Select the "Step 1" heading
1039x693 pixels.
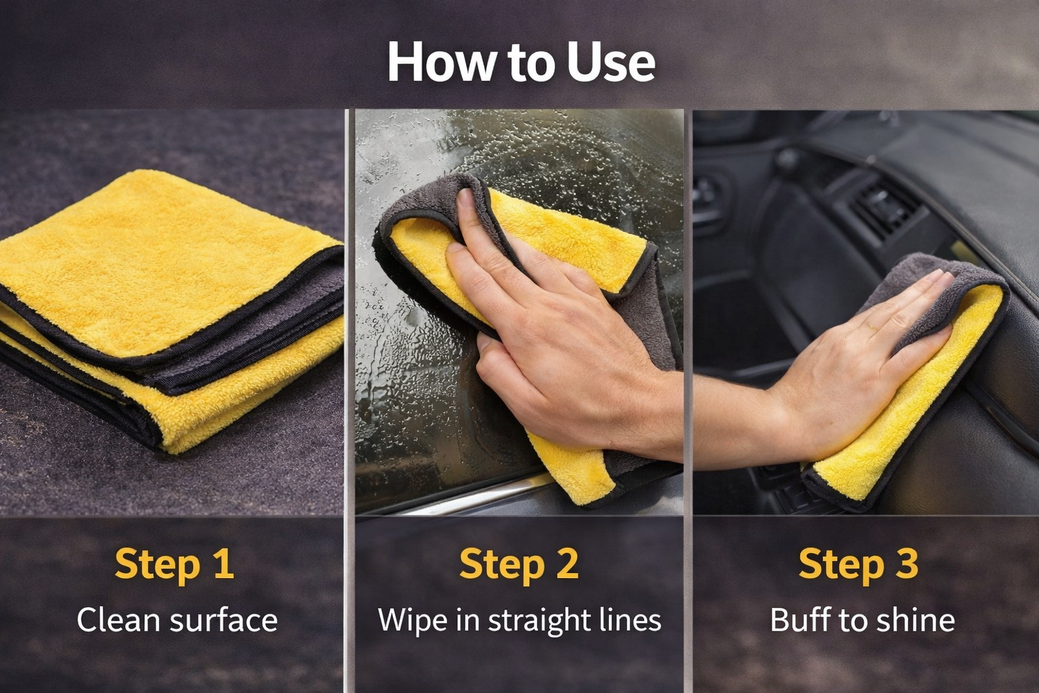[174, 565]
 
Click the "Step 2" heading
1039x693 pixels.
[519, 565]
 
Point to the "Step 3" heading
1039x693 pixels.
[858, 565]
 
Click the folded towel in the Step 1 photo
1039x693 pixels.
[172, 311]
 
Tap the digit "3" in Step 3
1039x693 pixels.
[906, 564]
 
